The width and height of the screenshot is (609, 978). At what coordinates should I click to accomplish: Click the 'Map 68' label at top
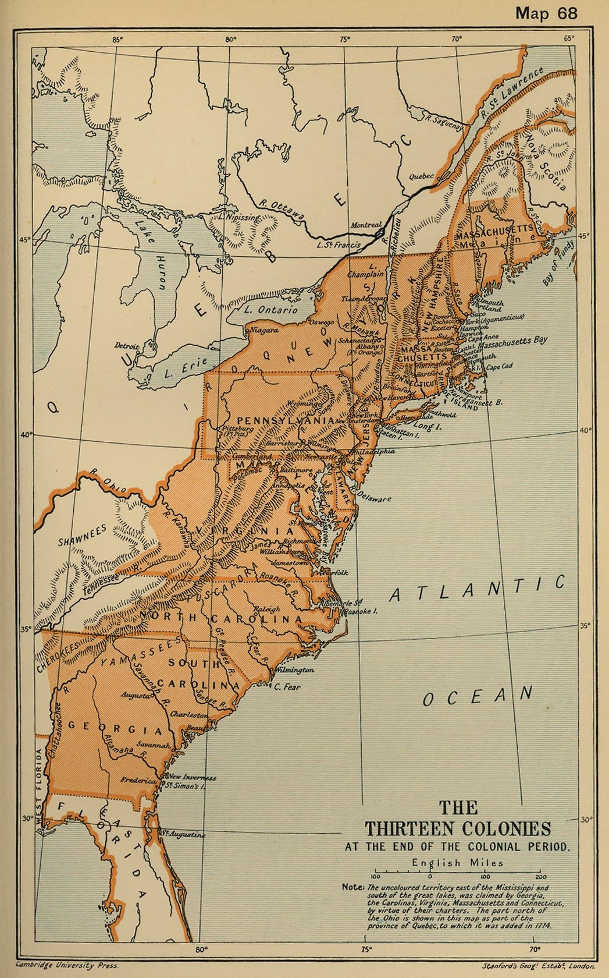546,13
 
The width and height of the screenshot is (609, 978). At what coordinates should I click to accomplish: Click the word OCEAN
478,696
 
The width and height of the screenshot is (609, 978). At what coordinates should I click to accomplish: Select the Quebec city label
421,176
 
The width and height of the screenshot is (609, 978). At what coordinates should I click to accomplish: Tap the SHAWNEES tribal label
83,536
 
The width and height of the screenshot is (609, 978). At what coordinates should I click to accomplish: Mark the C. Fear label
287,687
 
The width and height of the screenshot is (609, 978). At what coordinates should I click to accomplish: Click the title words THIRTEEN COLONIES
457,828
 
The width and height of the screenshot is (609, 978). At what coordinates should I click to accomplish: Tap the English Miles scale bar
457,873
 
